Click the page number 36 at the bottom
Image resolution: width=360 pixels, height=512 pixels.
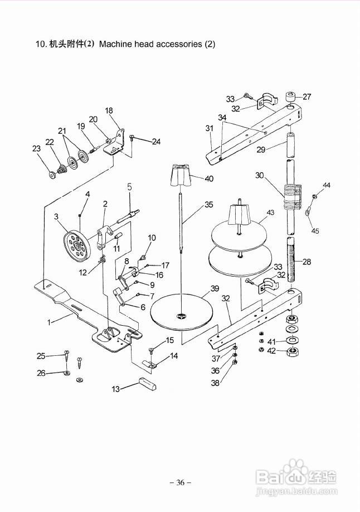(x=180, y=482)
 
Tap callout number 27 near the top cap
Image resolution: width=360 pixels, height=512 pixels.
(x=307, y=96)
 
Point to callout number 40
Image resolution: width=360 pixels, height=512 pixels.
(x=209, y=178)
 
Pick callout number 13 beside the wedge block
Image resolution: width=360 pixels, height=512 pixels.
(x=115, y=389)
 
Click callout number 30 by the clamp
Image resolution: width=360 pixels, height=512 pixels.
(x=260, y=175)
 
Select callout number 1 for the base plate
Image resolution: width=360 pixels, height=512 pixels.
(x=49, y=322)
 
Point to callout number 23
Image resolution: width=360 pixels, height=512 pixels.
(x=36, y=148)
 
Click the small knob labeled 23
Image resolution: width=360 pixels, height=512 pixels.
(x=52, y=175)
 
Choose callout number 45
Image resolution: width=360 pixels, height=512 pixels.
(x=315, y=231)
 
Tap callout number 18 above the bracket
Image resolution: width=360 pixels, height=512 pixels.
(x=109, y=110)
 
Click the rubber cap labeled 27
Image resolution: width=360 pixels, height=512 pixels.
(x=290, y=97)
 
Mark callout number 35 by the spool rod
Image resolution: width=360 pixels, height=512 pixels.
(x=209, y=204)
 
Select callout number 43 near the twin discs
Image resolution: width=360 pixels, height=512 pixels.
(x=270, y=212)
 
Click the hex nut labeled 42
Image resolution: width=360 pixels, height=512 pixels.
(x=293, y=352)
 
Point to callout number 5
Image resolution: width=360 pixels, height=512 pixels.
(x=130, y=187)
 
